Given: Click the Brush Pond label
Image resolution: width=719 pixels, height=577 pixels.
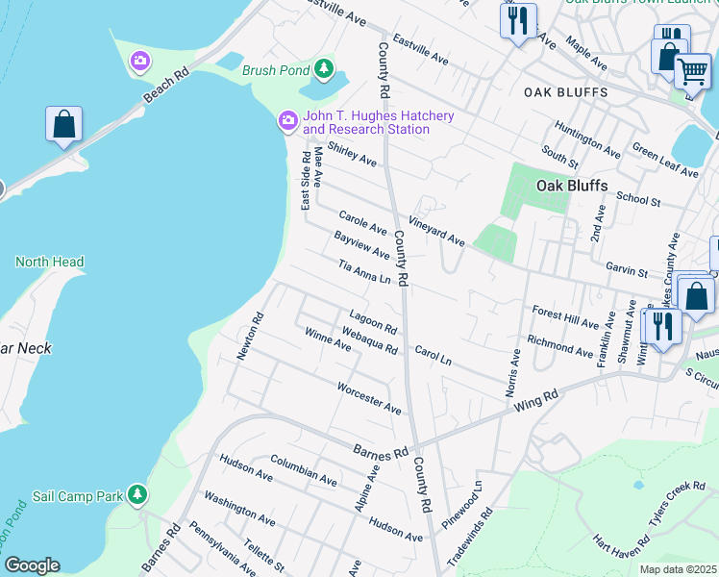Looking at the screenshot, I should point(276,70).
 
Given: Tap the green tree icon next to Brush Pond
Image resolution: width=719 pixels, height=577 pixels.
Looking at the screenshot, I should point(325,69).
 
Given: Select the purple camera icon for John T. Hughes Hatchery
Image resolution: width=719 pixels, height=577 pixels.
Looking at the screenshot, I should point(287,121).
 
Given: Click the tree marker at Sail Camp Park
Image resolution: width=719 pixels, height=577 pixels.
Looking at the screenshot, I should point(138,495).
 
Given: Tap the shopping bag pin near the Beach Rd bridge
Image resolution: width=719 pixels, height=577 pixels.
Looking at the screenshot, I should point(63,125).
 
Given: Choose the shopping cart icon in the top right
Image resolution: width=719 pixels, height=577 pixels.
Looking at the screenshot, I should point(691,70).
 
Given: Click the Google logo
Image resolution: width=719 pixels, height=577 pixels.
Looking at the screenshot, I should point(32,564).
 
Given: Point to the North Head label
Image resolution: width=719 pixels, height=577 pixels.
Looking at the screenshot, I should point(49,262).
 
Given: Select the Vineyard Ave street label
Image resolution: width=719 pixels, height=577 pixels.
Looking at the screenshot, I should point(436,232).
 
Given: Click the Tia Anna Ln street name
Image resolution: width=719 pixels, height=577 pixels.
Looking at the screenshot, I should point(364,272).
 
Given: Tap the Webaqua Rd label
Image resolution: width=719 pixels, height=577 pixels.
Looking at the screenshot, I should point(370,339).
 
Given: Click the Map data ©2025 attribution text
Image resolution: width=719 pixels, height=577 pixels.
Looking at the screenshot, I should point(678,569).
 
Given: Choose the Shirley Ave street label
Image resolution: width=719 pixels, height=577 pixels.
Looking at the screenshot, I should point(352,154).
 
